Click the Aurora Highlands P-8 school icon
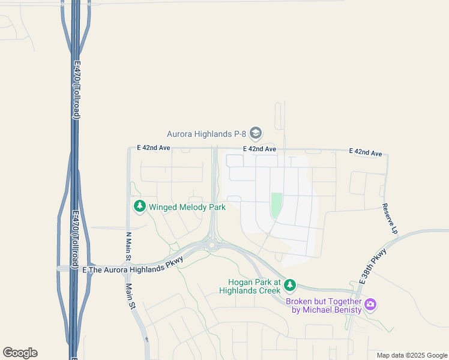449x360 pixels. click(x=256, y=133)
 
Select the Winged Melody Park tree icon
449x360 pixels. click(x=140, y=207)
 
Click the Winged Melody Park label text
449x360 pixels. click(x=187, y=207)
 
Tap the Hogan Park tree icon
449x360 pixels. click(x=291, y=284)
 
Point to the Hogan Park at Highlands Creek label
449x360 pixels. click(x=254, y=286)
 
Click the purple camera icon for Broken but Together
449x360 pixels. click(x=370, y=305)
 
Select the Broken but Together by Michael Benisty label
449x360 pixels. click(x=324, y=305)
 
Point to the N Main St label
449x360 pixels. click(x=128, y=246)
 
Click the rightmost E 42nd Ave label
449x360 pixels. click(x=366, y=154)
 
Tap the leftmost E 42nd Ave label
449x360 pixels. click(x=154, y=148)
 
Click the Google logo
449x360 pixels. click(x=20, y=353)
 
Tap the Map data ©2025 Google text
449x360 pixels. click(x=412, y=355)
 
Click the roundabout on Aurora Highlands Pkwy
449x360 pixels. click(x=212, y=244)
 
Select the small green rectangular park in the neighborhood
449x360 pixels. click(x=276, y=205)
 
